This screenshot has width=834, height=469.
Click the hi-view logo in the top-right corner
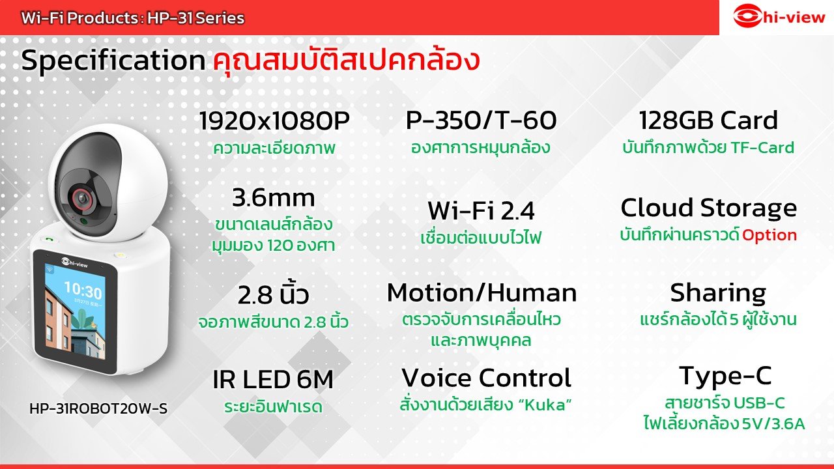tap(777, 17)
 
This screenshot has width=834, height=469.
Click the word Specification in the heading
tap(113, 61)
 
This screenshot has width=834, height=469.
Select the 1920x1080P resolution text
tap(274, 121)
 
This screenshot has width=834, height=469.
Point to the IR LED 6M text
tap(273, 379)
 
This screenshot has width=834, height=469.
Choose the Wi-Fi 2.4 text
tap(481, 210)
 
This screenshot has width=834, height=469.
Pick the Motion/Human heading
tap(482, 293)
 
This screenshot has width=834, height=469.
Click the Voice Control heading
tap(486, 378)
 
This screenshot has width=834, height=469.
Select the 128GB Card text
tap(708, 121)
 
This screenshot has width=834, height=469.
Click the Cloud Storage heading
tap(708, 208)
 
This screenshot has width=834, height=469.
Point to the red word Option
tap(769, 235)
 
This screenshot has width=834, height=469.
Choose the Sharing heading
tap(717, 293)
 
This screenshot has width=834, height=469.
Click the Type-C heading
tap(725, 376)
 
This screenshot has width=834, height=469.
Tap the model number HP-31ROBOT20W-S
tap(98, 409)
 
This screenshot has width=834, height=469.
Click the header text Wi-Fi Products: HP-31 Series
tap(133, 18)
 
